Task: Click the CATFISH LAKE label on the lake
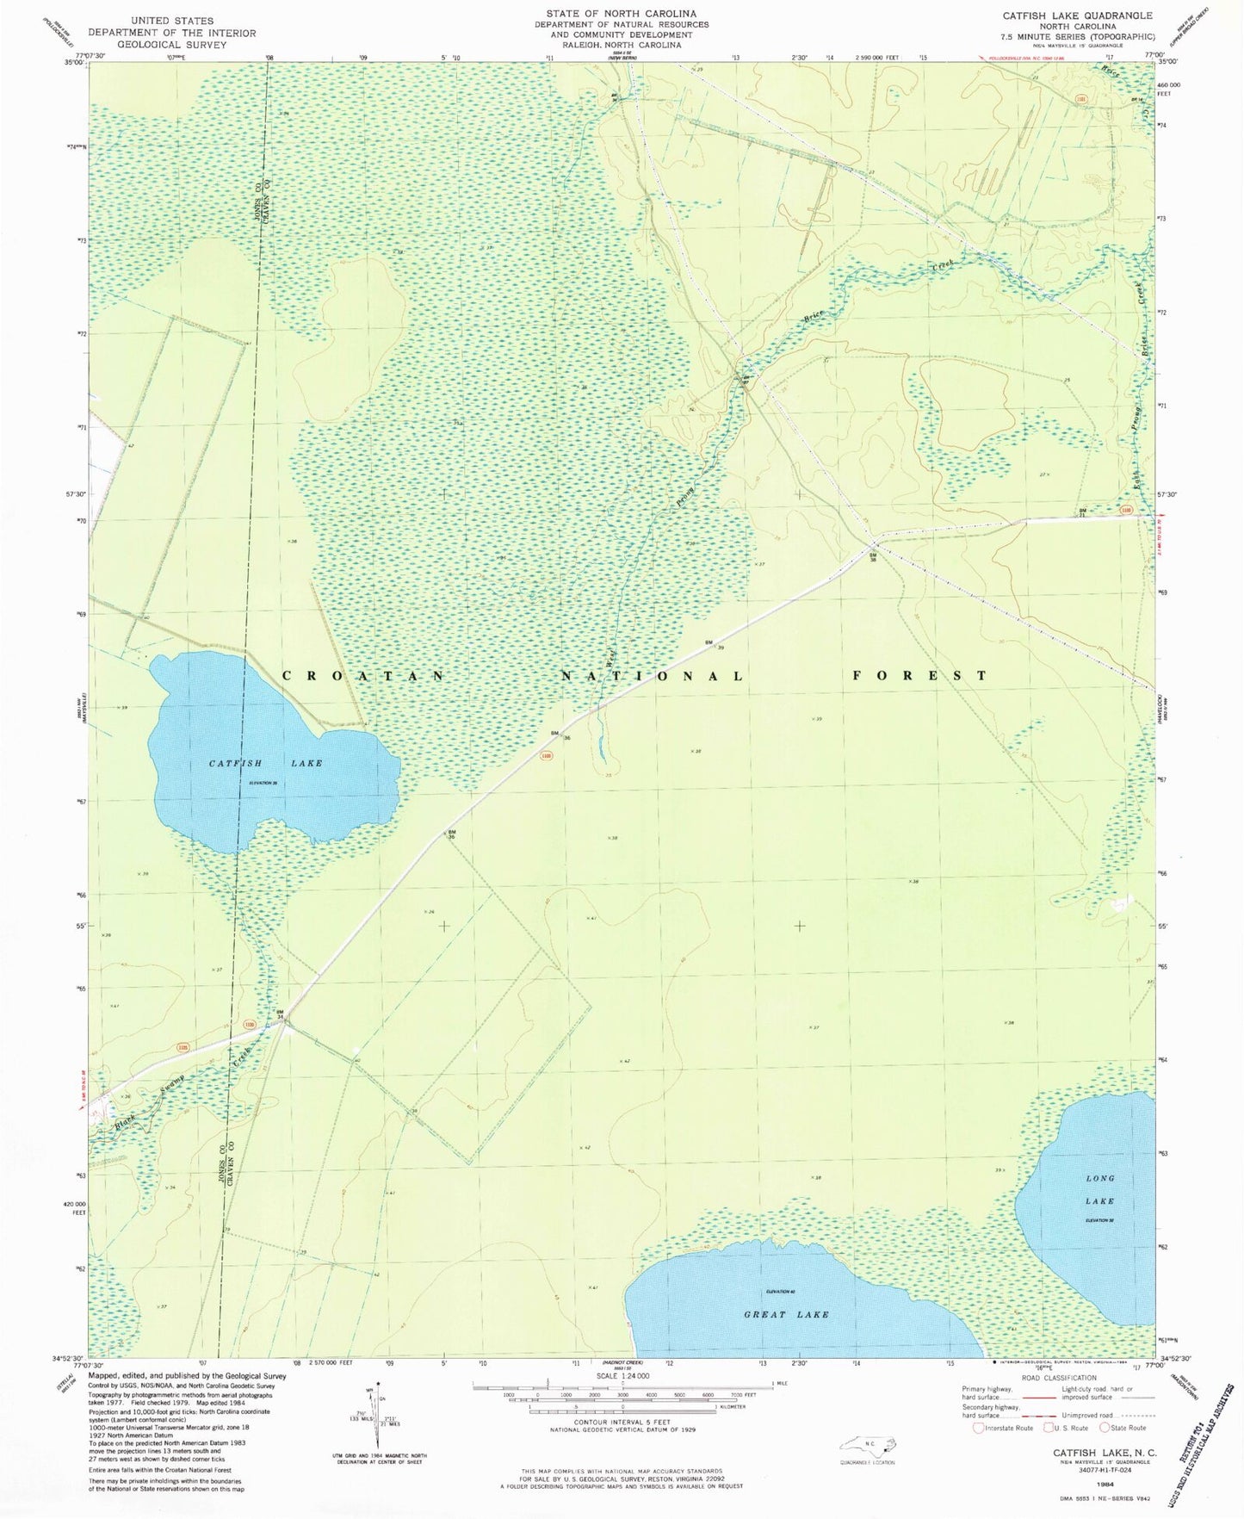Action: tap(266, 763)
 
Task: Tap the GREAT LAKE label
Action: tap(787, 1314)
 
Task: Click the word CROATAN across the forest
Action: tap(363, 676)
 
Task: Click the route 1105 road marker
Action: tap(183, 1047)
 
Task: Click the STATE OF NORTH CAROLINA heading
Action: tap(621, 14)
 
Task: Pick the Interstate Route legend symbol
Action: tap(978, 1428)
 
